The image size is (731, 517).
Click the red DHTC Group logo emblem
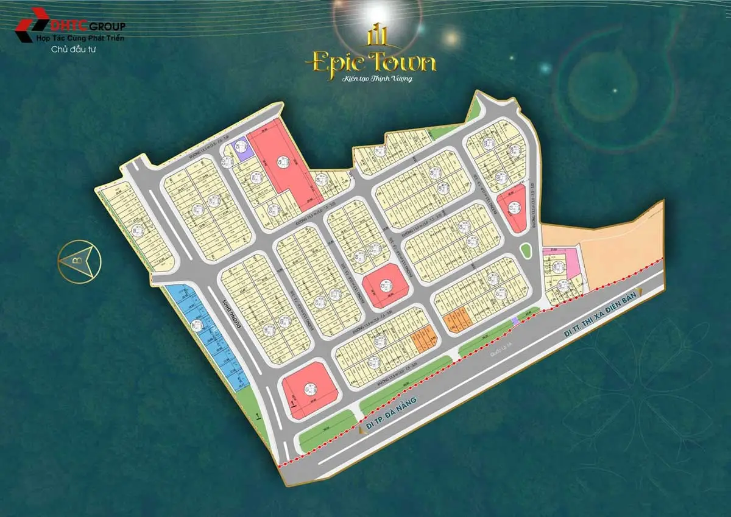[32, 24]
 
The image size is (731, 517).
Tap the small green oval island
[525, 251]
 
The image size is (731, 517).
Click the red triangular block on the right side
[512, 209]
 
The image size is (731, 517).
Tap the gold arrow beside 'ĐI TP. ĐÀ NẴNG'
[364, 430]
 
